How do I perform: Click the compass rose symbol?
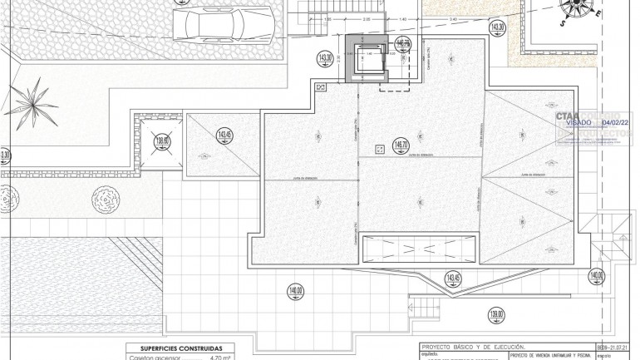[579, 7]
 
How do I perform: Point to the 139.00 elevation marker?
[496, 314]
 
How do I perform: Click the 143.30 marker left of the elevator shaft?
[325, 58]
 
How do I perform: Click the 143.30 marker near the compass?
[497, 27]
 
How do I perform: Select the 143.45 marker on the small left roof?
[224, 135]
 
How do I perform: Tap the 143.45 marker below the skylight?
[453, 278]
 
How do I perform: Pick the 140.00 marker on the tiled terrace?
[295, 291]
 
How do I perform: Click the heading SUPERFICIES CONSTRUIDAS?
[175, 348]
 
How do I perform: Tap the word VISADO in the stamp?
[578, 121]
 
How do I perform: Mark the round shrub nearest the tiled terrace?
[105, 198]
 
